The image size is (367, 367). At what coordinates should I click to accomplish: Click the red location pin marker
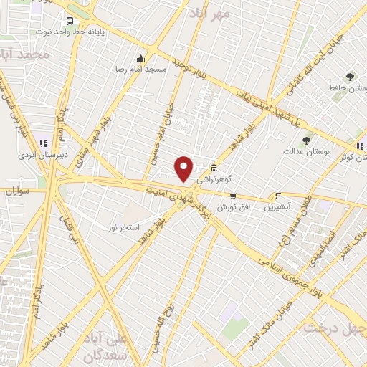(184, 168)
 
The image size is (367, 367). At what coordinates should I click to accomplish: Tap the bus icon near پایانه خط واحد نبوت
(70, 21)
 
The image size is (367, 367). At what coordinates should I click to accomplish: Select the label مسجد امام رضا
(141, 69)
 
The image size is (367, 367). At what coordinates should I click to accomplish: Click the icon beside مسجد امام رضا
(141, 58)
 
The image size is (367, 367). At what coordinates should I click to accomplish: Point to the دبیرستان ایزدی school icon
(43, 142)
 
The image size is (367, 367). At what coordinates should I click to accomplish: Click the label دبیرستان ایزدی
(44, 153)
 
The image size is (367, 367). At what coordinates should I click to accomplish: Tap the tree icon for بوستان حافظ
(350, 76)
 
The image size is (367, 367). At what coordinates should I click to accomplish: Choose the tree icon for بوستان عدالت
(306, 140)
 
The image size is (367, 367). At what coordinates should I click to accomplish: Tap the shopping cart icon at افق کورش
(232, 196)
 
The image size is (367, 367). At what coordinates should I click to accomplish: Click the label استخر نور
(123, 227)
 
